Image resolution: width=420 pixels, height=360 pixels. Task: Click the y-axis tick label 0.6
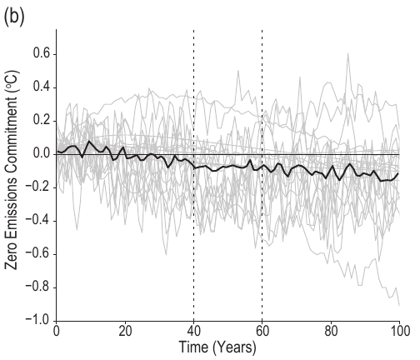39,54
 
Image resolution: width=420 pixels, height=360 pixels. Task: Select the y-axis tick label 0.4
39,87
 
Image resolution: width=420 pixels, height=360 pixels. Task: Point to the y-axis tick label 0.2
39,121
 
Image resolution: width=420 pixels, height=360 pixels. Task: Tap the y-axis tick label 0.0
39,154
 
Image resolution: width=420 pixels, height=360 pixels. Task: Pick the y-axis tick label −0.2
37,187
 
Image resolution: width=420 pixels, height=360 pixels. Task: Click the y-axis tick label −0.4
37,221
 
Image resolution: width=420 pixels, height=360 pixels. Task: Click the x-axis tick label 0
56,332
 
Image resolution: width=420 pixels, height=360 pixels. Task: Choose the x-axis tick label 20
125,332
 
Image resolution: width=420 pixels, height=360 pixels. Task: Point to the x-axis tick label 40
193,332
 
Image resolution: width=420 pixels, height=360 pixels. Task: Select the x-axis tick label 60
262,332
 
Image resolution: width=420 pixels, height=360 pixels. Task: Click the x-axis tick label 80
331,332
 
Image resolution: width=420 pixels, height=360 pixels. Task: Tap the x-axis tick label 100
399,332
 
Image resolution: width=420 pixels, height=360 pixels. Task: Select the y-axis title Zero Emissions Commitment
12,175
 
